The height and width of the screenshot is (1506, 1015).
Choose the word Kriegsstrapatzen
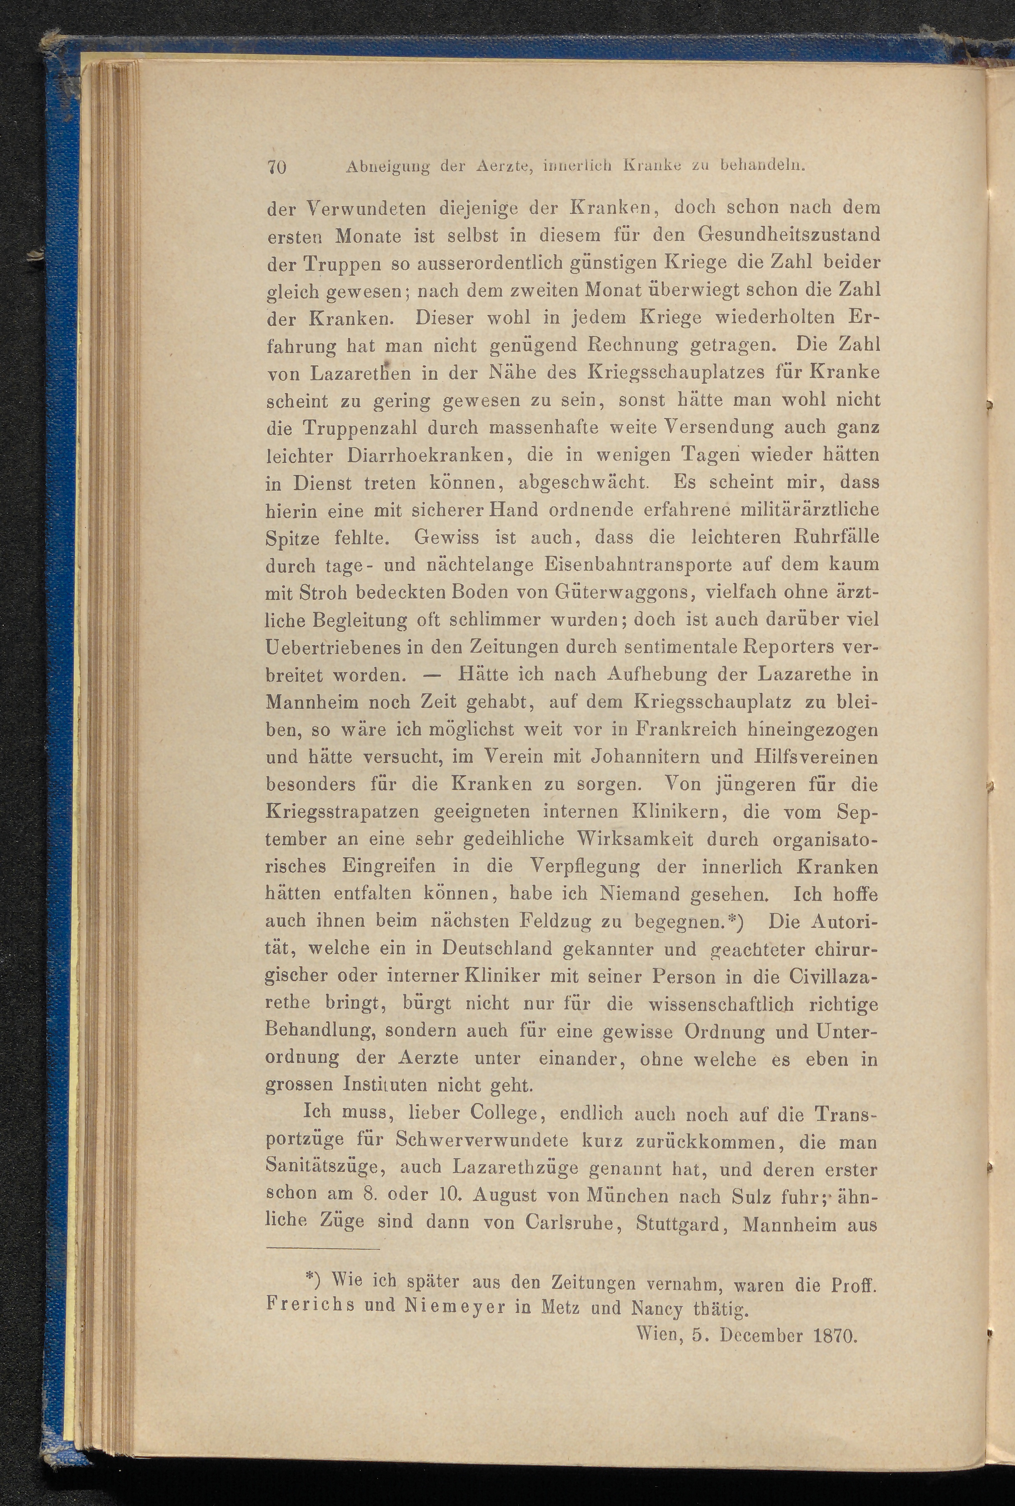[x=345, y=811]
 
